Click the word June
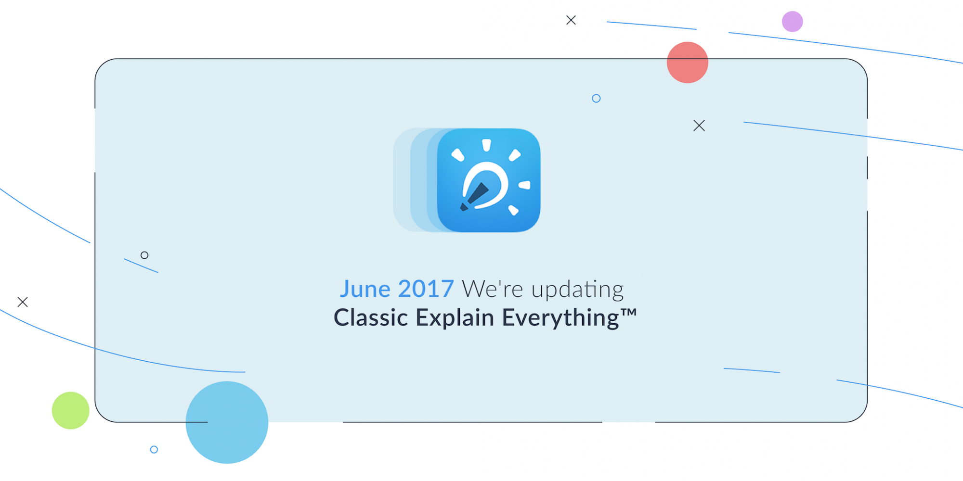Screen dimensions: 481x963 (x=365, y=289)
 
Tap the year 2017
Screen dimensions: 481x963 (x=426, y=289)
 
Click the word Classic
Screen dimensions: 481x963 (x=371, y=318)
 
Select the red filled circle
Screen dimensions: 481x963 (x=687, y=63)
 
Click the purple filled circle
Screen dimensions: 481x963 (x=792, y=22)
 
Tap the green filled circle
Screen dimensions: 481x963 (x=71, y=410)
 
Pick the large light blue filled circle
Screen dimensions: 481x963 (x=227, y=422)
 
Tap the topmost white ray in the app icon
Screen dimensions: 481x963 (x=486, y=145)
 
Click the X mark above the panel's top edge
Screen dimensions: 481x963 (x=571, y=20)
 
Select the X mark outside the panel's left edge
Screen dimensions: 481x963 (x=23, y=302)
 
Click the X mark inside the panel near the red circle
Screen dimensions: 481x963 (x=699, y=126)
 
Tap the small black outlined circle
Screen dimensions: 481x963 (x=144, y=255)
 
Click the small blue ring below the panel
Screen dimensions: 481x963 (x=154, y=449)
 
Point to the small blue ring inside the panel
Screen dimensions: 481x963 (x=596, y=99)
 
